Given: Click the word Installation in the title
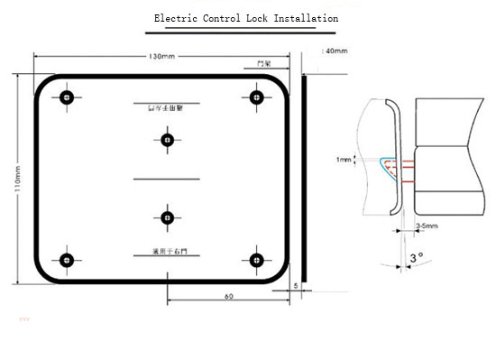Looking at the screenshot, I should (x=303, y=18).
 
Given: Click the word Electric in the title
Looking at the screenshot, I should (x=174, y=18).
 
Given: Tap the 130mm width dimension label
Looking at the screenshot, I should (x=162, y=56).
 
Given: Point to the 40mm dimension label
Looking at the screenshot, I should (x=335, y=51).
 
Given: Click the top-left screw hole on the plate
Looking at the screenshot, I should (x=66, y=97).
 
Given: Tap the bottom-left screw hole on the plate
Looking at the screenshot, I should (x=66, y=261).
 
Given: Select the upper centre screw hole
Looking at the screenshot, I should (x=167, y=139).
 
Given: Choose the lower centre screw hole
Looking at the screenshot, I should (x=167, y=217).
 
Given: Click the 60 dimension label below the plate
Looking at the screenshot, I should (x=228, y=296).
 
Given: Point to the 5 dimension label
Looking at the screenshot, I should (x=295, y=285).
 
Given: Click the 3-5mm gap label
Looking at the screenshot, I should (x=427, y=226).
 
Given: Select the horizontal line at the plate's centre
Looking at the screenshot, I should (x=166, y=180).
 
